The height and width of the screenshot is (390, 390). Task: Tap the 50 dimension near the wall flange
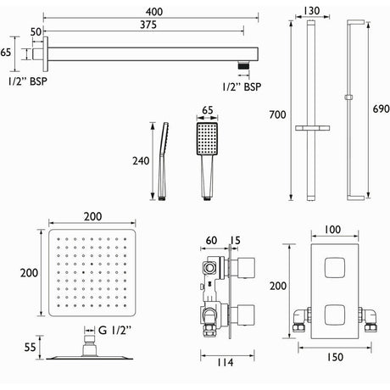[x=36, y=31]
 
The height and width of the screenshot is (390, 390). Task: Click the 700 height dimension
[x=273, y=112]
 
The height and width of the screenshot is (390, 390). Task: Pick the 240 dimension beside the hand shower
[x=141, y=160]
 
